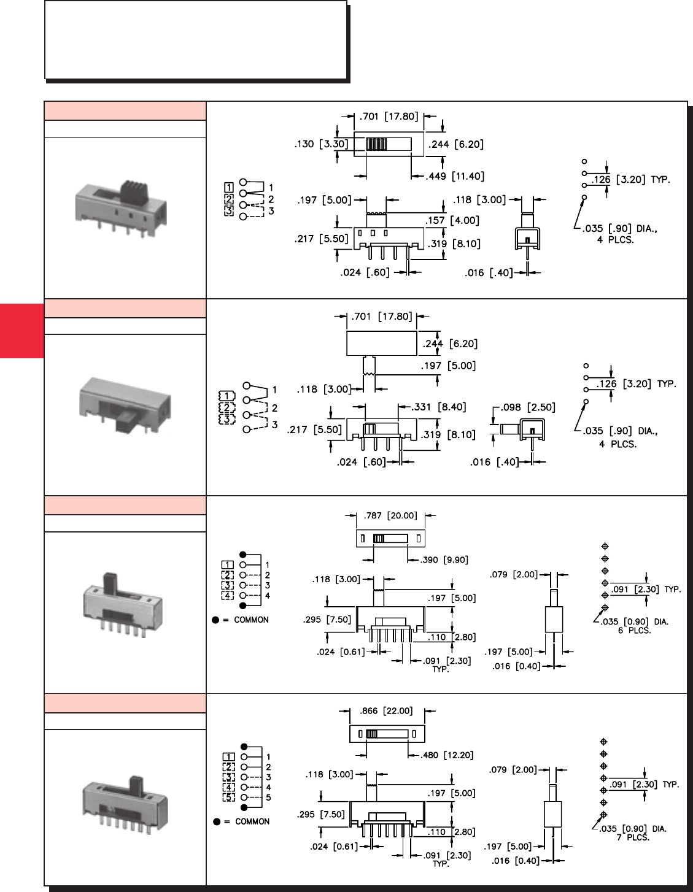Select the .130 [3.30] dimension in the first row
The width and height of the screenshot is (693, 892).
pyautogui.click(x=321, y=144)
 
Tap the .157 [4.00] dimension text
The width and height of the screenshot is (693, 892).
pyautogui.click(x=452, y=220)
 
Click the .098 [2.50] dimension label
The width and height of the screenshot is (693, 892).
pyautogui.click(x=528, y=407)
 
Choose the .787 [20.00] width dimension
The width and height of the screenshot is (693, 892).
pyautogui.click(x=390, y=516)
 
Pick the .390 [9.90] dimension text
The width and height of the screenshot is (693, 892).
pyautogui.click(x=446, y=560)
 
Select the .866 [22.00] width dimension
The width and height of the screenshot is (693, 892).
pyautogui.click(x=386, y=711)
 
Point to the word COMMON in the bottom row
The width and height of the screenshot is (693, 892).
pyautogui.click(x=252, y=821)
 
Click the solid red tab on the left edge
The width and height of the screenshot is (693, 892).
pyautogui.click(x=21, y=331)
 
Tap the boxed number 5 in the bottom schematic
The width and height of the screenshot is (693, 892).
pyautogui.click(x=228, y=798)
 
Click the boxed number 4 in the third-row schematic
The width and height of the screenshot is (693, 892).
pyautogui.click(x=227, y=596)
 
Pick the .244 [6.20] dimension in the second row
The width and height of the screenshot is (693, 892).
pyautogui.click(x=449, y=344)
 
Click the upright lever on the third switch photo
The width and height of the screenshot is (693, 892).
pyautogui.click(x=110, y=583)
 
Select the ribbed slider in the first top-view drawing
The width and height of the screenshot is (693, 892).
pyautogui.click(x=376, y=144)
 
